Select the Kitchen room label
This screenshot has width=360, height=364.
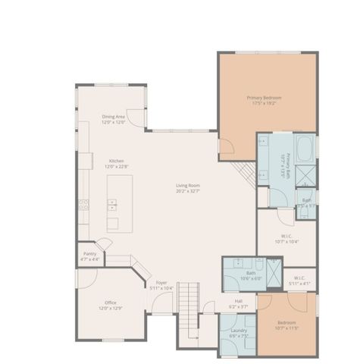(x=117, y=164)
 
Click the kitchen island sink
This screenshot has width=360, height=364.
(x=112, y=204)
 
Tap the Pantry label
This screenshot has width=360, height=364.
(x=89, y=256)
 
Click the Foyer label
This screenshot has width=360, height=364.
(x=161, y=285)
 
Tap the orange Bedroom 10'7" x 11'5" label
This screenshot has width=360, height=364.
(x=286, y=326)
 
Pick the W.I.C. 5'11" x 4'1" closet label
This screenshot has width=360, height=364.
(x=299, y=280)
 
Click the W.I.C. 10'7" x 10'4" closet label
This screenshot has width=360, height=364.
(x=287, y=238)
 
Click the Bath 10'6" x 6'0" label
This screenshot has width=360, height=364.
(x=251, y=275)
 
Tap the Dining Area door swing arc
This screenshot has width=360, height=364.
(x=136, y=118)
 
